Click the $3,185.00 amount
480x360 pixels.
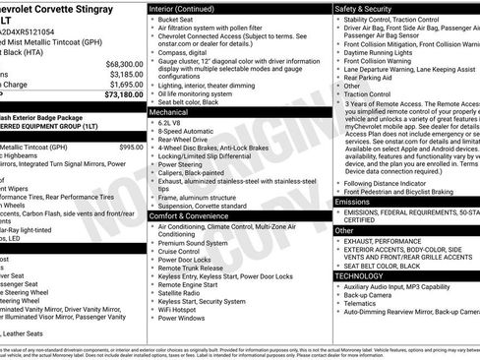coord(127,74)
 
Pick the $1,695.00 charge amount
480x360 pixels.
coord(127,85)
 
